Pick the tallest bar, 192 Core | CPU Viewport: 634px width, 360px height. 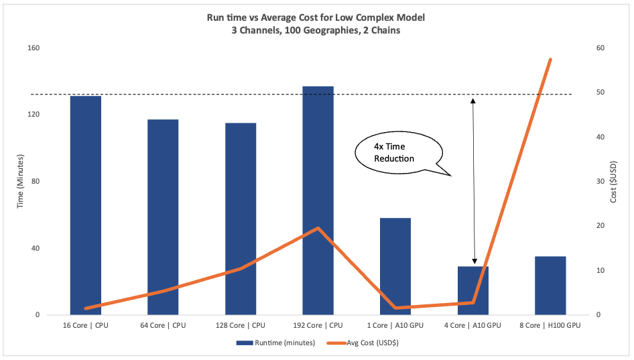point(318,200)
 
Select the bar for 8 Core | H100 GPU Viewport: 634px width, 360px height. point(550,286)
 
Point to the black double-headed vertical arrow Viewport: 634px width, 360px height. point(474,181)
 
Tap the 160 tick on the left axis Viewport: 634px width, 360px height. point(33,48)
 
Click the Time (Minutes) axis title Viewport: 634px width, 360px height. point(20,181)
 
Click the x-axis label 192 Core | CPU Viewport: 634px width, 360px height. point(318,325)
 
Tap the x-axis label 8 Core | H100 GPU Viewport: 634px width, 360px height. point(550,325)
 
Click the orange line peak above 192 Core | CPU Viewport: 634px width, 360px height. point(318,228)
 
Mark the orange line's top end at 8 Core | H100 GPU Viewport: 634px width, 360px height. point(550,60)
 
